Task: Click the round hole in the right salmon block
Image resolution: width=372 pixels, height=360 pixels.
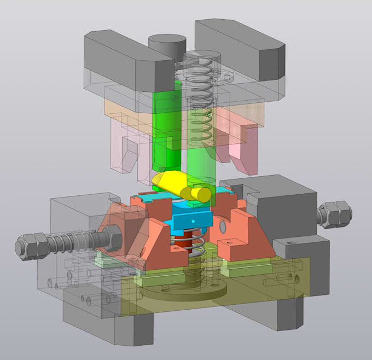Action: pos(222,225)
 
